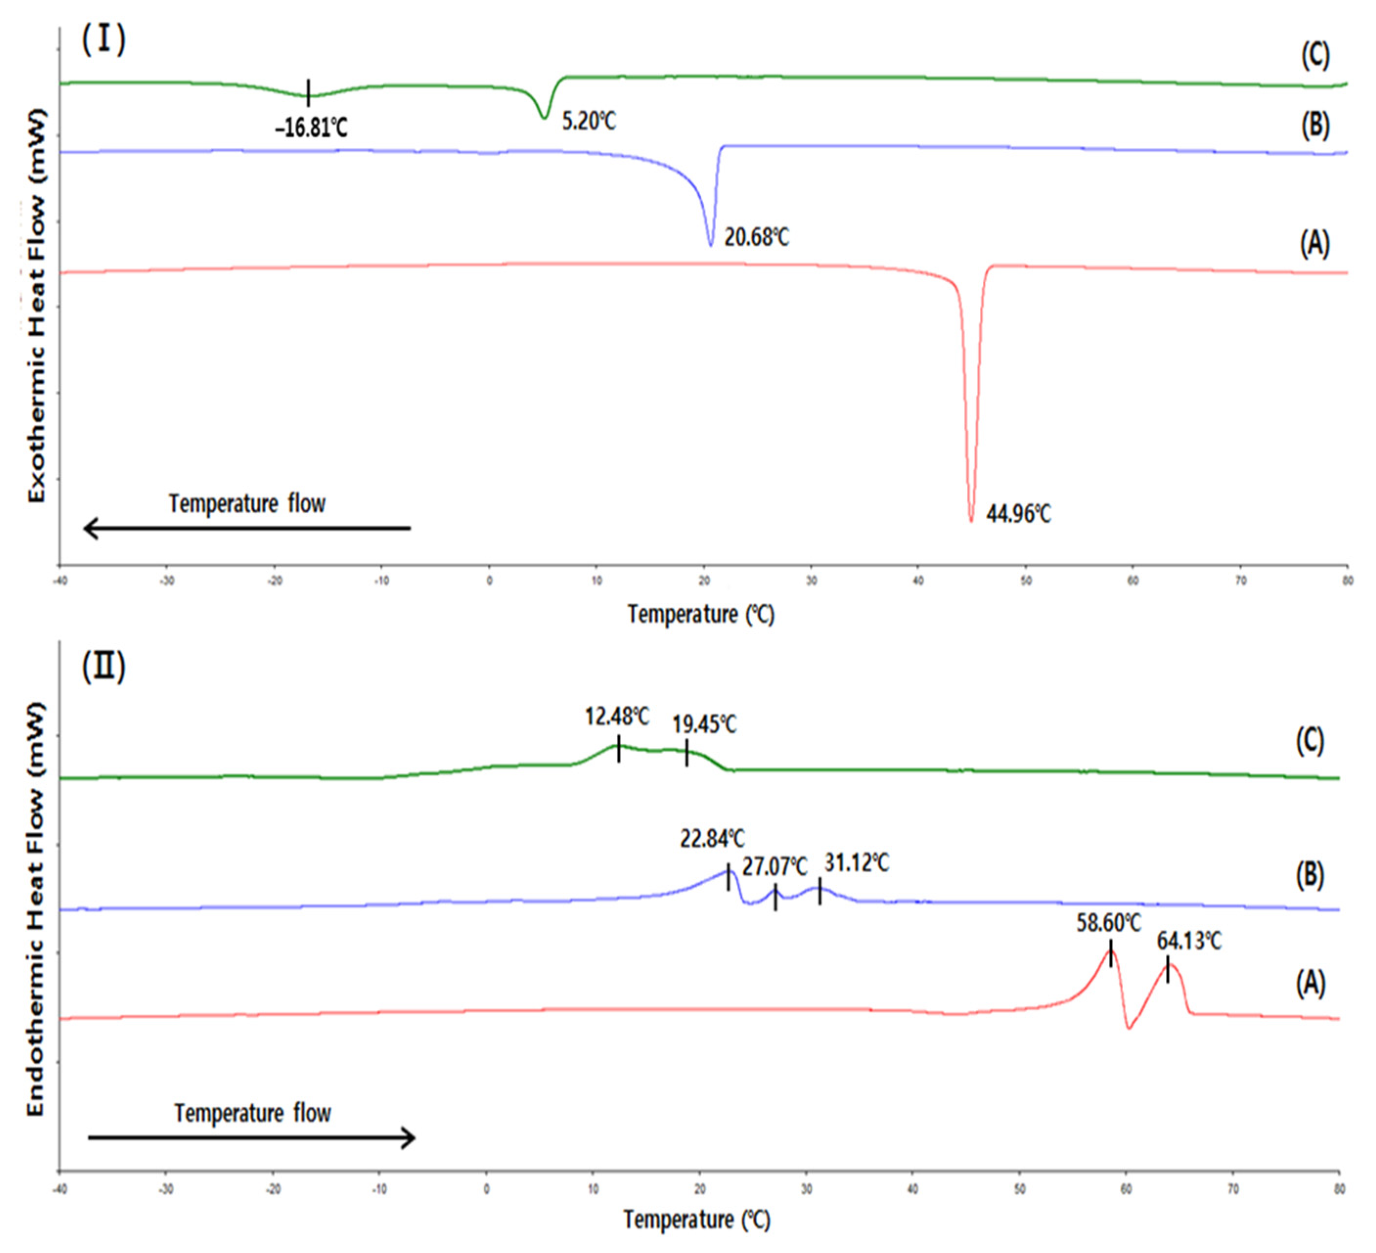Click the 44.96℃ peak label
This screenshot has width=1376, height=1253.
click(x=1019, y=514)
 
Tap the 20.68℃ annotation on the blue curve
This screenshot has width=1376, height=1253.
click(x=756, y=238)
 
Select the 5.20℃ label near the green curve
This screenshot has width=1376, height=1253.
click(x=588, y=122)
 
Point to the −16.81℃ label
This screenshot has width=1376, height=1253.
click(x=311, y=127)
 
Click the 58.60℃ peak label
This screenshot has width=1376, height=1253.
click(x=1109, y=923)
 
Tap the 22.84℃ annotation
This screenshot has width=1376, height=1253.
click(x=712, y=839)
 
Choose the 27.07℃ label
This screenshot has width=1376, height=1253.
click(x=775, y=867)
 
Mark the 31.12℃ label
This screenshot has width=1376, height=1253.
click(x=857, y=863)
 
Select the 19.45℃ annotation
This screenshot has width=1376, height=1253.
click(x=704, y=724)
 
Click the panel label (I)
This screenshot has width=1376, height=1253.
click(x=104, y=40)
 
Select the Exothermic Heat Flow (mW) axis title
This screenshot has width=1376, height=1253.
click(x=36, y=305)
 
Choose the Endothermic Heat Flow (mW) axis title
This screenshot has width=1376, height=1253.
click(x=36, y=912)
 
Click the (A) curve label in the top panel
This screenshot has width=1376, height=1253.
click(x=1314, y=243)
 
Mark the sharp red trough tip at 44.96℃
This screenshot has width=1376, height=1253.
click(x=971, y=520)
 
